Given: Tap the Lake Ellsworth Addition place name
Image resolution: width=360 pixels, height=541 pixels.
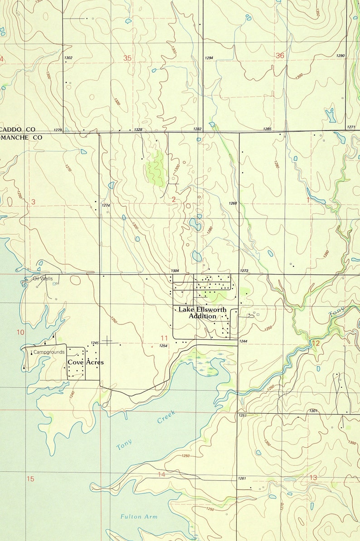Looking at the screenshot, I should [202, 313].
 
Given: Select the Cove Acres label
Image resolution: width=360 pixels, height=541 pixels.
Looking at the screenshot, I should [86, 362].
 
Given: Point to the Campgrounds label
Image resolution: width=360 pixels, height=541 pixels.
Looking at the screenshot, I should [49, 352].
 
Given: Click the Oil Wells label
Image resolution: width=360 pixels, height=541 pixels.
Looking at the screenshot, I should [43, 279].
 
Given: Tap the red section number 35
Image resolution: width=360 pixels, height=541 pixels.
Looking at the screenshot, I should [127, 58].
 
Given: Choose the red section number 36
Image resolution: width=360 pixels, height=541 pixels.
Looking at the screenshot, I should [280, 55].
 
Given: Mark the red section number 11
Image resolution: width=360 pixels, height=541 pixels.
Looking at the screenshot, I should [164, 338].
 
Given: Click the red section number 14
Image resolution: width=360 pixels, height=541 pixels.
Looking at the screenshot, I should [162, 474].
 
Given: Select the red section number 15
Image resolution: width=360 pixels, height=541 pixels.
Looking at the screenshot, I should [30, 479].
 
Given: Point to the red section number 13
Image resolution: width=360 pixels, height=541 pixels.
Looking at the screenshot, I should [313, 478].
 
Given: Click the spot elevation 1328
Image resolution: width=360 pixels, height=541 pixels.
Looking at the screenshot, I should [139, 130].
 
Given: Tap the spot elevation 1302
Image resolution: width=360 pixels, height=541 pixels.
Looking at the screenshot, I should [68, 58].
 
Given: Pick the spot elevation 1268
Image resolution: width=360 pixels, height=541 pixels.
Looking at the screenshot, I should [233, 203].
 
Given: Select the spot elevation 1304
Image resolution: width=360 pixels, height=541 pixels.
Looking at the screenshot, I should [175, 270].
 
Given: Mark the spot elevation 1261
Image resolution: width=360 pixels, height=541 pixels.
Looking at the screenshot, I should [242, 478].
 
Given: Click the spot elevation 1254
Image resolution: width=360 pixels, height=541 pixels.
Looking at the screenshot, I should [164, 346].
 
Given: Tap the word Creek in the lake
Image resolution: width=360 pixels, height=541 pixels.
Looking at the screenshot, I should [166, 417].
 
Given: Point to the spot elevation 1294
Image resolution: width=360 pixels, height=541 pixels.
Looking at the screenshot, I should [209, 58].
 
